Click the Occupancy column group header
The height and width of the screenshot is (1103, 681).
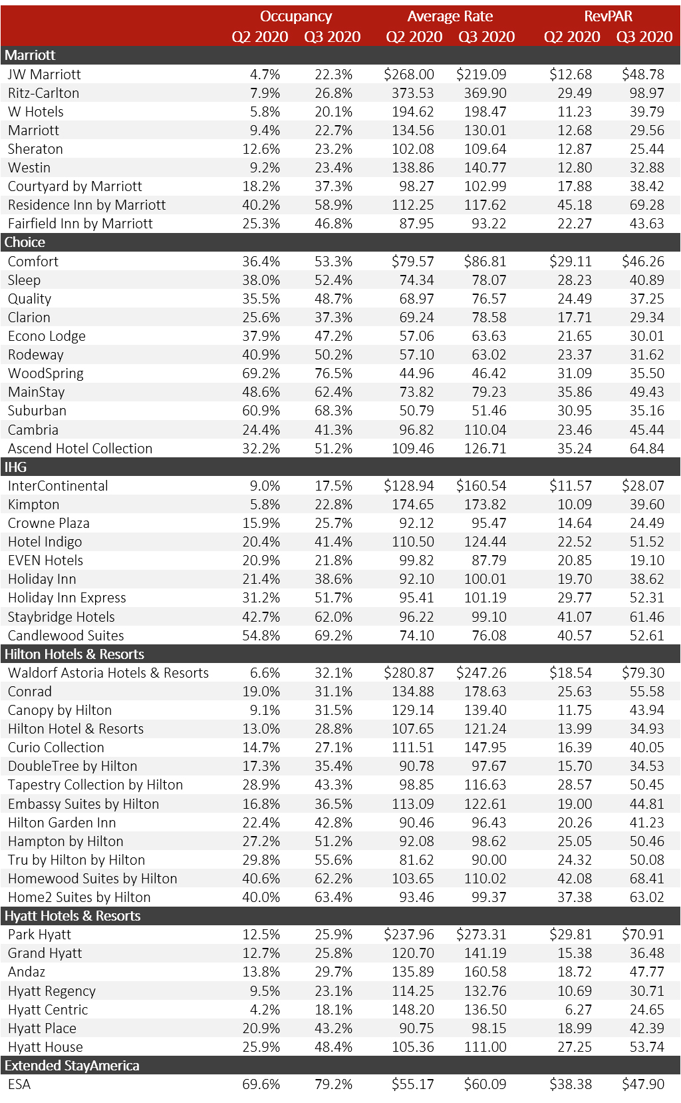[x=296, y=17]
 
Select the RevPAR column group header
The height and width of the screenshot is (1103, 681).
[x=608, y=17]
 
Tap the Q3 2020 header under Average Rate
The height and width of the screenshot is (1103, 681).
[x=486, y=37]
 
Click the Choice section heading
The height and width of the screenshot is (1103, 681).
[x=25, y=242]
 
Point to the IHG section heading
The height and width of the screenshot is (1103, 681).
[x=16, y=467]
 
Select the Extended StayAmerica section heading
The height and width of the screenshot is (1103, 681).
[x=72, y=1066]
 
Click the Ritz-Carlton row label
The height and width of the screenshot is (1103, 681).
[x=43, y=93]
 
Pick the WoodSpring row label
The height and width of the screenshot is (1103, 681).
[x=46, y=373]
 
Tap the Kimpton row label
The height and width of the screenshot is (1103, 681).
[x=34, y=505]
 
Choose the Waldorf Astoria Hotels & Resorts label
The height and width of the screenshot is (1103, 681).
[x=108, y=673]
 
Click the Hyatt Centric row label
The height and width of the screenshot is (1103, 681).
[x=48, y=1010]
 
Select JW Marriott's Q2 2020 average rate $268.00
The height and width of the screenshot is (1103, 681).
[x=409, y=75]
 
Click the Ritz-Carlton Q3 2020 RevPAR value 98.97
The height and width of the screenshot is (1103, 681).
[x=646, y=93]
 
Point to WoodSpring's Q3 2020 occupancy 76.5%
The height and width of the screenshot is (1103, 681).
[x=333, y=373]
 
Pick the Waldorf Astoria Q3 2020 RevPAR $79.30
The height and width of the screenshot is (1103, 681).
[x=643, y=673]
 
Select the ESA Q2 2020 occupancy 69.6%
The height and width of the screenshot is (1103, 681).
[x=261, y=1084]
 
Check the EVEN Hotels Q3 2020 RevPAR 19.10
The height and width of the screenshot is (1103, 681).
[x=646, y=560]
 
